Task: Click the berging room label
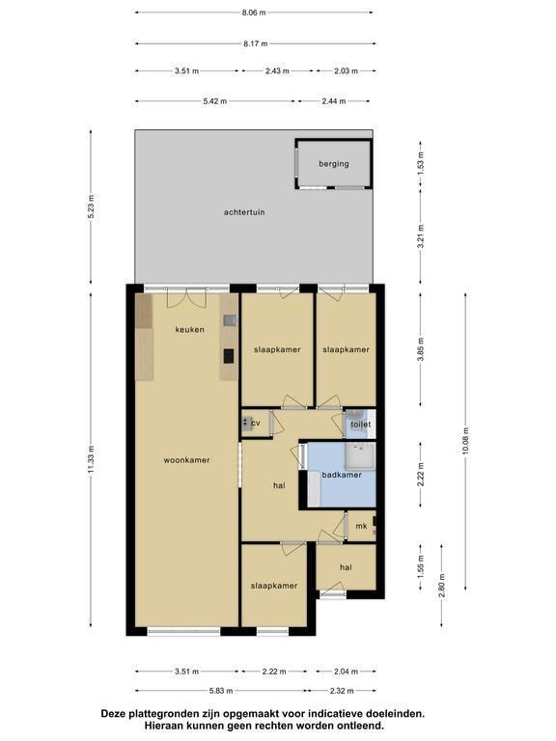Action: (334, 164)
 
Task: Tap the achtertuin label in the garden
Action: (244, 212)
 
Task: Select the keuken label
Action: (189, 329)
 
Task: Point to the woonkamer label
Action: (186, 460)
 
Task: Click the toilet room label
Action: (360, 425)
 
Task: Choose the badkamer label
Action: (342, 475)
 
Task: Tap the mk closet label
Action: (361, 526)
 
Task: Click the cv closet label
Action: (256, 423)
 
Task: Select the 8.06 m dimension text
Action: (254, 13)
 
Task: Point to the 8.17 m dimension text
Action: (255, 44)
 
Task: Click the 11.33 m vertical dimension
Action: (92, 460)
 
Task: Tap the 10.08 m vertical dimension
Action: (465, 441)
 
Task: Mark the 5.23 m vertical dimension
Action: (92, 206)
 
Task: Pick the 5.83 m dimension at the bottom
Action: (221, 691)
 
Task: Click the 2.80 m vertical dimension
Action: (442, 586)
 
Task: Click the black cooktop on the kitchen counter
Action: (229, 356)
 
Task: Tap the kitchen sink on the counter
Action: (230, 321)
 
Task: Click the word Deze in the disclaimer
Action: (114, 714)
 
